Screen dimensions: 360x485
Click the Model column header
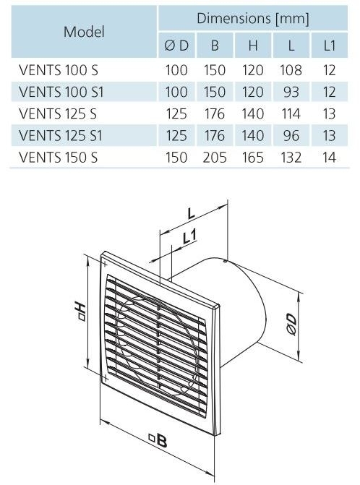[x=84, y=32]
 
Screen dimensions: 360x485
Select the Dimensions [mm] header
[x=253, y=19]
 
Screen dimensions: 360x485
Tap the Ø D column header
[x=176, y=46]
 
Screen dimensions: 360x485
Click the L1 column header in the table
[x=329, y=46]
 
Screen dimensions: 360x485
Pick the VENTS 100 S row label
[x=58, y=70]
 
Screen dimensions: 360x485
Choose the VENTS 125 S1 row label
[x=60, y=135]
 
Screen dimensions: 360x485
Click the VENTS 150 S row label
[x=58, y=158]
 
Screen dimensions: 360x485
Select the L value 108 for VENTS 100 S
[x=291, y=70]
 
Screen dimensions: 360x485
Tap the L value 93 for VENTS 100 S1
[x=291, y=93]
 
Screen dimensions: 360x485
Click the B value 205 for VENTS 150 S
[x=215, y=158]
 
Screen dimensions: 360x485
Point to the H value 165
[x=253, y=158]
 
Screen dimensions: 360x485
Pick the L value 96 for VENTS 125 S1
[x=291, y=135]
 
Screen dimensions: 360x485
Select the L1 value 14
[x=329, y=158]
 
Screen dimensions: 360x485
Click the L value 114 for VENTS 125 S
[x=291, y=113]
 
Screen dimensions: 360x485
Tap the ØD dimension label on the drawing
[x=291, y=324]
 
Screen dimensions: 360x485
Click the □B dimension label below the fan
[x=158, y=440]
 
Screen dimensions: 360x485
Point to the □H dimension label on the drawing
[x=80, y=311]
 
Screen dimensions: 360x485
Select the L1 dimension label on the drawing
[x=189, y=237]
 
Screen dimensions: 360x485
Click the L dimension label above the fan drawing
[x=191, y=213]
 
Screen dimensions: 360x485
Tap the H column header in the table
[x=253, y=46]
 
